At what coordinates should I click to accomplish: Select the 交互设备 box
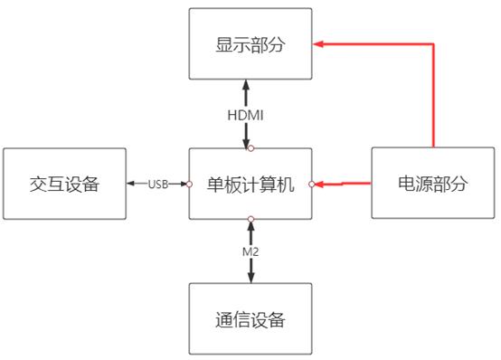click(62, 185)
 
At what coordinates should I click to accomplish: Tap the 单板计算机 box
click(250, 185)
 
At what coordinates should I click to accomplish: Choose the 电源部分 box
click(434, 185)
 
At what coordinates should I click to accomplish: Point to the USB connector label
click(158, 185)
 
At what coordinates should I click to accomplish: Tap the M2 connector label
click(250, 251)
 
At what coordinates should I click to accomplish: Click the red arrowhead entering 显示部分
click(318, 43)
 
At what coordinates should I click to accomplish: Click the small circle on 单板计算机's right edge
click(311, 185)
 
